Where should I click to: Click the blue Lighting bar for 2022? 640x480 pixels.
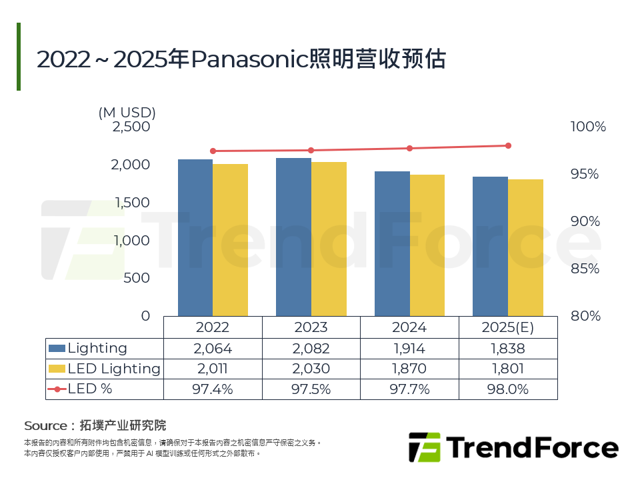click(x=195, y=237)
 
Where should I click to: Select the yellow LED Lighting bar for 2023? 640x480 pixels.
click(x=329, y=239)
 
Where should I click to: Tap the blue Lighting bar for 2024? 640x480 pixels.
click(x=392, y=243)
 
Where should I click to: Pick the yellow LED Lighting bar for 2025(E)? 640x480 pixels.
click(x=525, y=247)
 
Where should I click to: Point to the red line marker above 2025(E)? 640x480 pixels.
click(x=508, y=145)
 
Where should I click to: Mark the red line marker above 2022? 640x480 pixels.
click(x=213, y=151)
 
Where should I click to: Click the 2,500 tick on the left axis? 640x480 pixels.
click(x=132, y=127)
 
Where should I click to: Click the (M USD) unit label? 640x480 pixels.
click(x=127, y=112)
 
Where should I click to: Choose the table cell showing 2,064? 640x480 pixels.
click(x=213, y=349)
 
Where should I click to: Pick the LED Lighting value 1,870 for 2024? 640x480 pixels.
click(x=409, y=369)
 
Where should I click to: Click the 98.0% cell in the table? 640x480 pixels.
click(x=508, y=389)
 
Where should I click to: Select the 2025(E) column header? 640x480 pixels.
click(x=508, y=327)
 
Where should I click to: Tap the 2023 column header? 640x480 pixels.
click(x=311, y=327)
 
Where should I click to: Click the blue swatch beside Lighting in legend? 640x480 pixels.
click(x=57, y=349)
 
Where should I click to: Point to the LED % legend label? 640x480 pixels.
click(x=90, y=389)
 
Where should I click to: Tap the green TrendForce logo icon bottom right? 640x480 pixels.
click(x=424, y=447)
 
